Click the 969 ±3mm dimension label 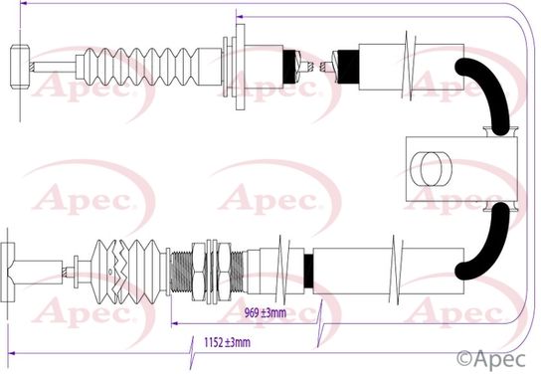[x=266, y=313]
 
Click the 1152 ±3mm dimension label [x=227, y=342]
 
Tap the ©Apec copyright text [x=491, y=359]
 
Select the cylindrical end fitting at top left [x=20, y=67]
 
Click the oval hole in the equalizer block [x=431, y=169]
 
